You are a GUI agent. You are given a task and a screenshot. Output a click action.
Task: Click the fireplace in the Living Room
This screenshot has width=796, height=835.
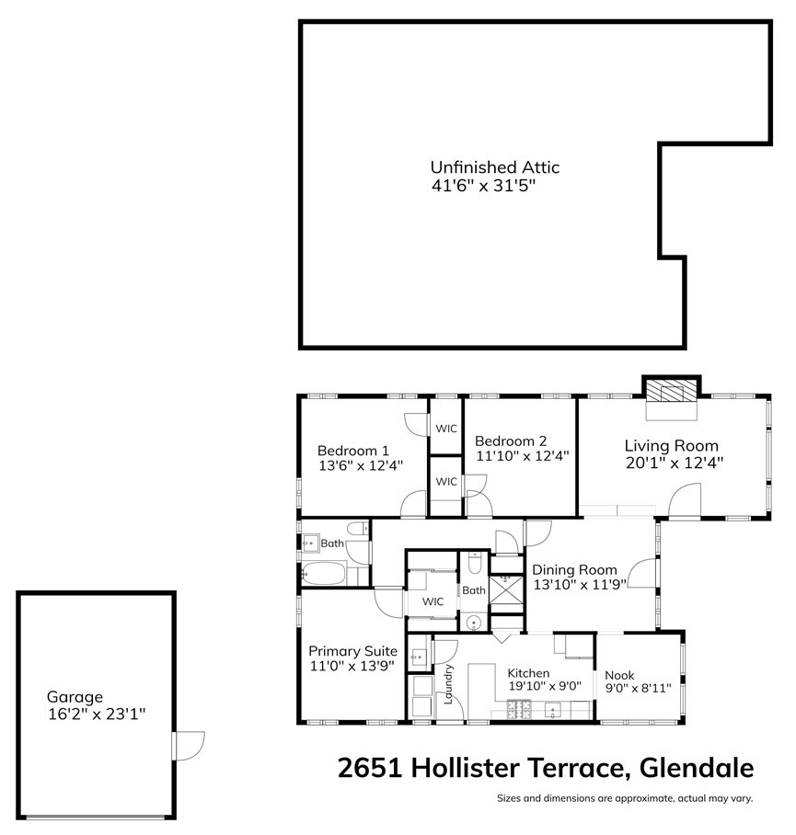pyautogui.click(x=671, y=389)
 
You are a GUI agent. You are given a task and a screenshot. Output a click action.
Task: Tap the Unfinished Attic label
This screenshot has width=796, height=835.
pyautogui.click(x=494, y=167)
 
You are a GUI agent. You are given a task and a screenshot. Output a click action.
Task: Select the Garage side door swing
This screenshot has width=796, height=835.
pyautogui.click(x=188, y=744)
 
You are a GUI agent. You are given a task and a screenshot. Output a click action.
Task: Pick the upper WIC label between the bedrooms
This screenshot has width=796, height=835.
pyautogui.click(x=446, y=429)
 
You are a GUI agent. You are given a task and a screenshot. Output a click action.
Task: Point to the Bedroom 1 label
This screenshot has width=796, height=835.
pyautogui.click(x=352, y=451)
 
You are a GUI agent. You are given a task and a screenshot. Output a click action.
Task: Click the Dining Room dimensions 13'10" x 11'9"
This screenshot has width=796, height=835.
pyautogui.click(x=580, y=584)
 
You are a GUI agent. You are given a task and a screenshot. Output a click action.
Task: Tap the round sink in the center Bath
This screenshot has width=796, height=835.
pyautogui.click(x=474, y=623)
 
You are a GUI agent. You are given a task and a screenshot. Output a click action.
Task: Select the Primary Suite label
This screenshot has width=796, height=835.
pyautogui.click(x=352, y=651)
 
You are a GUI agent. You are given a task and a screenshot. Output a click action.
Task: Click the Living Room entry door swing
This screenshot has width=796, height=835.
pyautogui.click(x=685, y=502)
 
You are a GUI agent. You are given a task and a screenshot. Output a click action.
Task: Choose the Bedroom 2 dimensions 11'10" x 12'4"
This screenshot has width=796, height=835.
pyautogui.click(x=522, y=455)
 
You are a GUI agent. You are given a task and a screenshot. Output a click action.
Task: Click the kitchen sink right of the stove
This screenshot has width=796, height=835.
pyautogui.click(x=552, y=709)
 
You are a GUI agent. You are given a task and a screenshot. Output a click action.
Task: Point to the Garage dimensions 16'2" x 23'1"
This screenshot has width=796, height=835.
pyautogui.click(x=97, y=713)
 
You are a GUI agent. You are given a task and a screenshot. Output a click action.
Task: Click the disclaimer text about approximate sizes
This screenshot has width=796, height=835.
pyautogui.click(x=625, y=798)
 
